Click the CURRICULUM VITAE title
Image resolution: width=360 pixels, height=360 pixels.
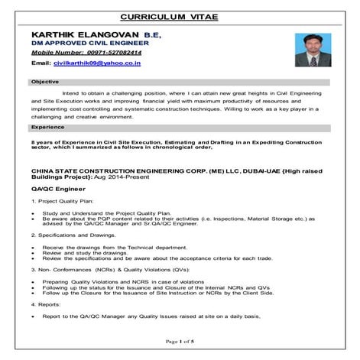pos(180,16)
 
